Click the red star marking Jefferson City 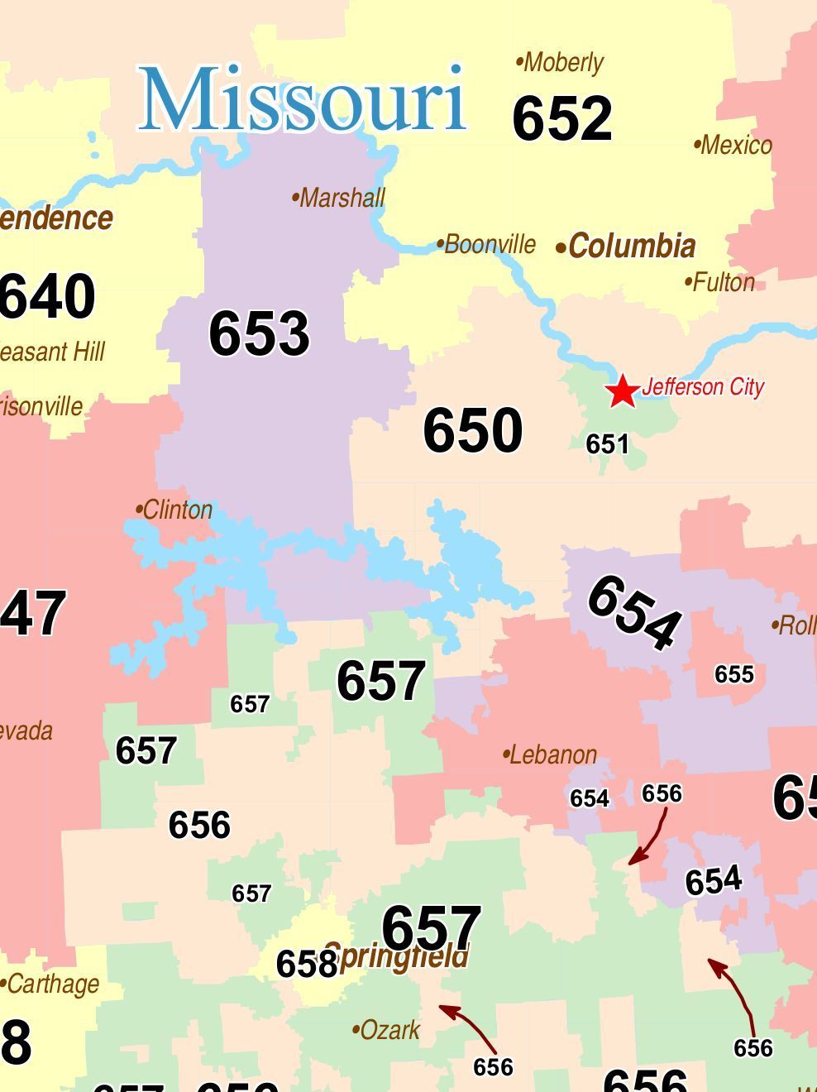pos(622,390)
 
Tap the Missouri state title pos(303,99)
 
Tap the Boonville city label pos(487,245)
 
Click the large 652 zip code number pos(562,118)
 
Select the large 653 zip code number pos(259,333)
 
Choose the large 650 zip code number pos(473,430)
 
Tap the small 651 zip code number pos(608,444)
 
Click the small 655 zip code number pos(734,674)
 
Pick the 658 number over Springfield pos(306,964)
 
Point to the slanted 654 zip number pos(634,612)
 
